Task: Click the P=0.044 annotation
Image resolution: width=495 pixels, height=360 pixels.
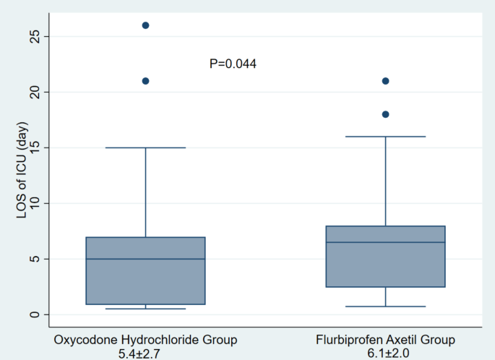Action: pyautogui.click(x=233, y=64)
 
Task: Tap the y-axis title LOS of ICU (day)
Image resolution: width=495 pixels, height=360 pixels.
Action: pyautogui.click(x=22, y=173)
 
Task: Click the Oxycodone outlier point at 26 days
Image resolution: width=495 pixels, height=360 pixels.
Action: pyautogui.click(x=145, y=25)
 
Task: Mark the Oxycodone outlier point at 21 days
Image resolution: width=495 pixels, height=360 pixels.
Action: pyautogui.click(x=145, y=81)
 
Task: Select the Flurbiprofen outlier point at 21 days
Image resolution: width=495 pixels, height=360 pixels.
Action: pyautogui.click(x=385, y=81)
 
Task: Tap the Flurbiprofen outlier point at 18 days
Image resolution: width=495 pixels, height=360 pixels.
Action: pyautogui.click(x=385, y=114)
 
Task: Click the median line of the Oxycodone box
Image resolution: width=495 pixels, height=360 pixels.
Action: pyautogui.click(x=145, y=259)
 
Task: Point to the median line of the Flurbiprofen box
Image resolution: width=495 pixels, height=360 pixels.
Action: pyautogui.click(x=385, y=242)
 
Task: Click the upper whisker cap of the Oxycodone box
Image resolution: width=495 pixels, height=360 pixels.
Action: pyautogui.click(x=145, y=147)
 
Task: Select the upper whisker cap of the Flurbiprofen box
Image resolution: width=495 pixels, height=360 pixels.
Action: pyautogui.click(x=385, y=136)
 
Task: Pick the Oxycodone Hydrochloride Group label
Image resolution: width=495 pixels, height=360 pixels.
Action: pyautogui.click(x=145, y=340)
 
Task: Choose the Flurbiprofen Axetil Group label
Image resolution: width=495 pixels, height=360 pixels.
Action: pyautogui.click(x=385, y=340)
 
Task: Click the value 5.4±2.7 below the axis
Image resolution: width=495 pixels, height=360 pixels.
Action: pyautogui.click(x=145, y=353)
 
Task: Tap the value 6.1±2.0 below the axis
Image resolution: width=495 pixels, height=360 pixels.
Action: pyautogui.click(x=385, y=353)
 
